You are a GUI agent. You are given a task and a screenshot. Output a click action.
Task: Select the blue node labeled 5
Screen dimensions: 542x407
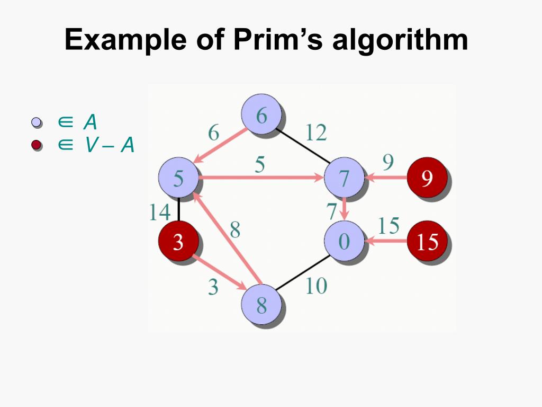tap(179, 178)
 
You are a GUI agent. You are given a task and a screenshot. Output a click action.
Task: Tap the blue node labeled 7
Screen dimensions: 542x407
tap(344, 178)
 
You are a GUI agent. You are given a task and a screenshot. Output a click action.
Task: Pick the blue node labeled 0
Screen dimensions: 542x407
tap(344, 241)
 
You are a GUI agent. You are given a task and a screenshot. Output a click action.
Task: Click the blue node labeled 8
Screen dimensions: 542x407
tap(261, 305)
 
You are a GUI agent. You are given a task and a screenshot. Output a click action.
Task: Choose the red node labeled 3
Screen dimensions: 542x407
tap(178, 242)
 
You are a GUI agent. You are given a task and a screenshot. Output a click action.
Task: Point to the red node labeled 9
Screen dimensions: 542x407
tap(427, 178)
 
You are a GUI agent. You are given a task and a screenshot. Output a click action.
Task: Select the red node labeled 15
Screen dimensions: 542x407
tap(427, 242)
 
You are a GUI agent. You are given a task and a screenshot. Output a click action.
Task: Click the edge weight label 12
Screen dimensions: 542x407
tap(315, 132)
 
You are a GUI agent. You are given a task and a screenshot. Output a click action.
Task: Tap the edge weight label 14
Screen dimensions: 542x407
tap(159, 213)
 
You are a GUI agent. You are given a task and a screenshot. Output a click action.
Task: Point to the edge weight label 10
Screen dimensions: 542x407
tap(316, 286)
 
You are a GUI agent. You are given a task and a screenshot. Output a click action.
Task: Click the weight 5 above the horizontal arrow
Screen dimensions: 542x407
tap(259, 165)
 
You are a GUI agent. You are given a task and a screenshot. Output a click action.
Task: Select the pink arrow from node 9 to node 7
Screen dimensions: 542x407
tap(386, 179)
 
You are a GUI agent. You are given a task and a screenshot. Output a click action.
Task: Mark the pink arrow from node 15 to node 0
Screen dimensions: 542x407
tap(386, 242)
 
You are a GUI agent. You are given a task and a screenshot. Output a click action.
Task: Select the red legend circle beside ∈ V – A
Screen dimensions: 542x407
tap(36, 144)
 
